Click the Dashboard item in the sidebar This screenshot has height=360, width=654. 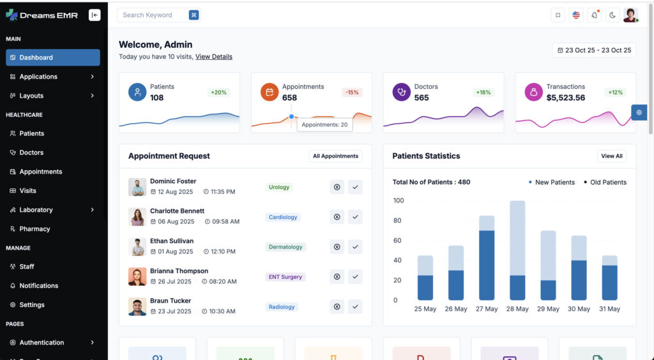point(52,57)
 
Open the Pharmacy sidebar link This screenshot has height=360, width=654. point(34,229)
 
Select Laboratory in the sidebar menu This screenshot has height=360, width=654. point(36,209)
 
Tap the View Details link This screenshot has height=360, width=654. point(214,57)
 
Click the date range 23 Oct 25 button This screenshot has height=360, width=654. point(594,50)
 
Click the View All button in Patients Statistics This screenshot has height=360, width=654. point(611,156)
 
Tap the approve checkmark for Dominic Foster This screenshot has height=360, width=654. point(355,187)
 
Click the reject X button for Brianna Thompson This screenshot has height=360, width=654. point(337,276)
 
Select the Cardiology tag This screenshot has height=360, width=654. point(283,217)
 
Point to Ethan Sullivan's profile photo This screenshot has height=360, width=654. point(137,246)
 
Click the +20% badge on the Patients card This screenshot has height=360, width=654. point(218,92)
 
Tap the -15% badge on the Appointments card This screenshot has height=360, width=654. point(352,92)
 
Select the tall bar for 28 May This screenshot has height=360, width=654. point(517,250)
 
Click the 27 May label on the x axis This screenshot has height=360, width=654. point(487,309)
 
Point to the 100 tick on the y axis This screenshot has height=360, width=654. point(399,200)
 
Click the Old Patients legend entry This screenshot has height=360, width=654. point(607,182)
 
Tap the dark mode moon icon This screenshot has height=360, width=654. point(612,15)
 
